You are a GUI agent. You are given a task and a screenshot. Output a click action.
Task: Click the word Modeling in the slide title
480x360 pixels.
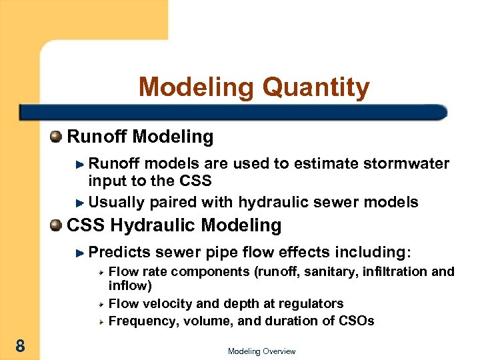coord(197,88)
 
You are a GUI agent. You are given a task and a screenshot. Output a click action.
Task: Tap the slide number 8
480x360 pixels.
coord(21,345)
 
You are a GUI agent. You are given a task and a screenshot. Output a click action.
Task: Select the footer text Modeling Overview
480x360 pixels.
coord(261,351)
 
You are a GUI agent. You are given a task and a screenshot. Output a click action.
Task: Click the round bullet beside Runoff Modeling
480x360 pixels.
coord(56,137)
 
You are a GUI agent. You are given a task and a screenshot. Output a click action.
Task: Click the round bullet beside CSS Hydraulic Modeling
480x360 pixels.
coord(56,225)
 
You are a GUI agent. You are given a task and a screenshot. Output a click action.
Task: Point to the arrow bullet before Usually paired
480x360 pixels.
coord(80,203)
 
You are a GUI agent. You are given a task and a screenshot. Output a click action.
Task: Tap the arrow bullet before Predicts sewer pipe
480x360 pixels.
coord(80,253)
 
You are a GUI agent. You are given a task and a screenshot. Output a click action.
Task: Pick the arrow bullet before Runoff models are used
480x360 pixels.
coord(80,164)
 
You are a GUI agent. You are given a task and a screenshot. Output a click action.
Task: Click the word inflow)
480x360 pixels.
coord(130,286)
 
